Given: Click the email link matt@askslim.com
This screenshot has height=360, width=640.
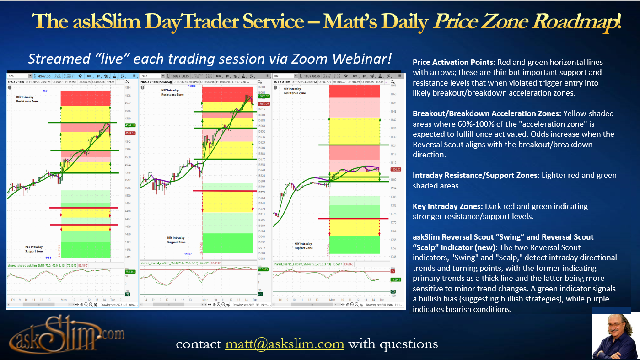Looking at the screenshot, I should [x=284, y=344].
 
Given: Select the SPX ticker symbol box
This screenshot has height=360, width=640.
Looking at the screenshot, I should [x=18, y=75].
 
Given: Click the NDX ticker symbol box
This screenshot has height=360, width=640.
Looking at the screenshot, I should [x=151, y=75].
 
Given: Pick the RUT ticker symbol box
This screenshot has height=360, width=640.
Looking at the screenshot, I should [x=283, y=75].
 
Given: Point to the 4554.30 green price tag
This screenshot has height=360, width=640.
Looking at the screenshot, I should [x=118, y=125].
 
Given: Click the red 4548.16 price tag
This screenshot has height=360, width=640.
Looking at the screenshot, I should [x=118, y=134].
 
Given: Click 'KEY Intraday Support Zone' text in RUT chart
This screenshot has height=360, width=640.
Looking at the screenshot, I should [x=303, y=246].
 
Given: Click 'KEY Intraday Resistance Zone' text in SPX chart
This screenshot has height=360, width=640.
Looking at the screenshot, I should [x=27, y=99].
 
